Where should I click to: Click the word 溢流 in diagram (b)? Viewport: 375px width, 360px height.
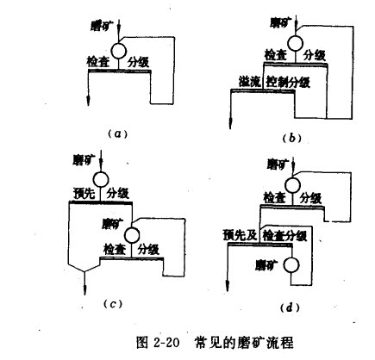pos(249,83)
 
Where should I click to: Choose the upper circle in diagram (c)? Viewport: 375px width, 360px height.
pos(101,179)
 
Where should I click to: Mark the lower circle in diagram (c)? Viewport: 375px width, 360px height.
pos(130,228)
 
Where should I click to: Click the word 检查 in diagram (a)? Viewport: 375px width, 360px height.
pos(97,63)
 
